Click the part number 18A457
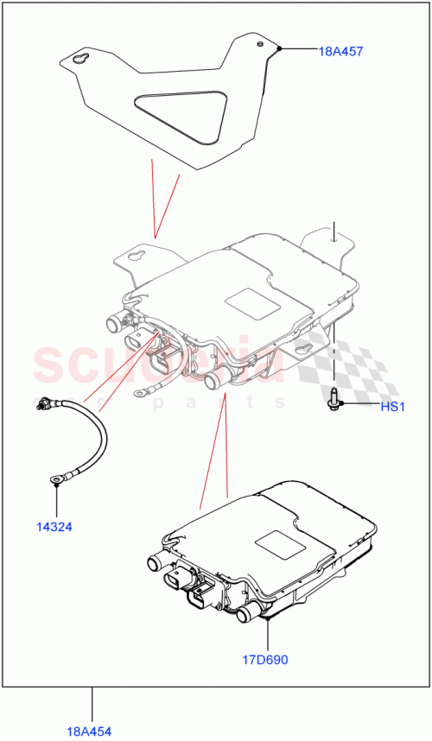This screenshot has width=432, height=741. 340,52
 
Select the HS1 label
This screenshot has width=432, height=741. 393,406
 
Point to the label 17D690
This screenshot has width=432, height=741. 265,660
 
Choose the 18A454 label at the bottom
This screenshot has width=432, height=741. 92,730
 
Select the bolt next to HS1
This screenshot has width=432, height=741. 334,401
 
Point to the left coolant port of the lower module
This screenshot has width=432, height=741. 155,563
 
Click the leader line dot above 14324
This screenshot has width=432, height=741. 56,485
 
